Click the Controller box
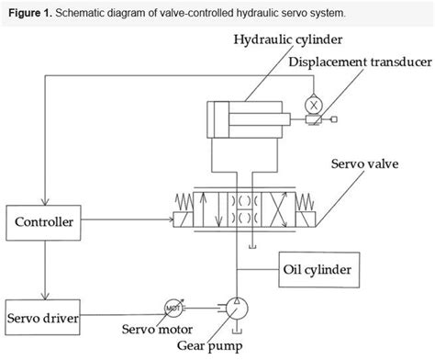45,220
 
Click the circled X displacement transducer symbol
313,105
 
